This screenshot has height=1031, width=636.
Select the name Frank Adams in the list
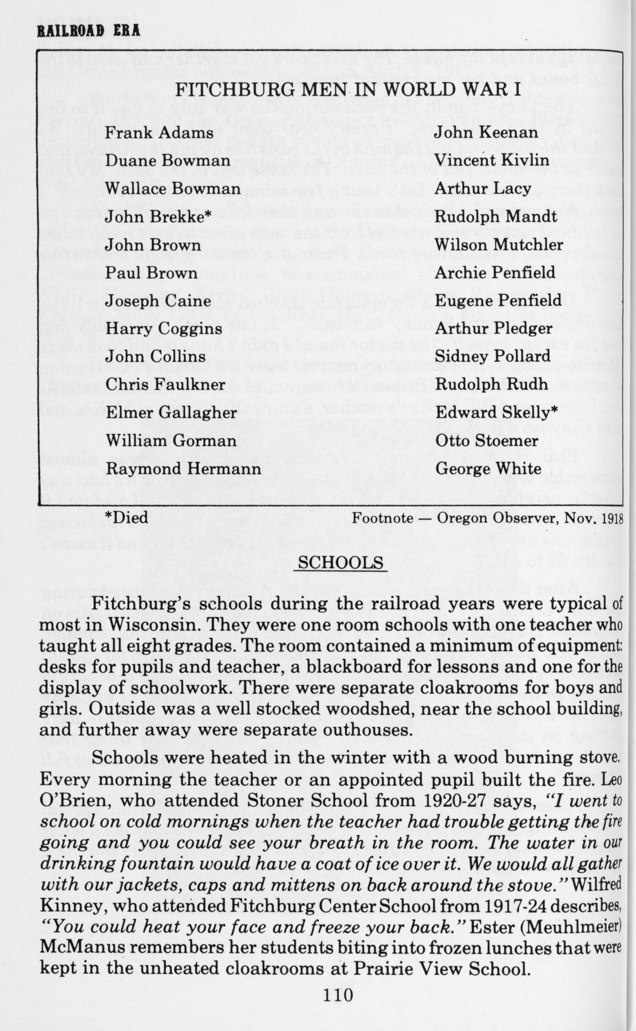159,133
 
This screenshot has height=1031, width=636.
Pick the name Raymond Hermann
183,469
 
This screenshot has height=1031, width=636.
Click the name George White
488,469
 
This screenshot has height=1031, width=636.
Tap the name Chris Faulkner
165,385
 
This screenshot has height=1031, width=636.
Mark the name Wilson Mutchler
499,245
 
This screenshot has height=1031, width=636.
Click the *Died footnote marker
127,518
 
